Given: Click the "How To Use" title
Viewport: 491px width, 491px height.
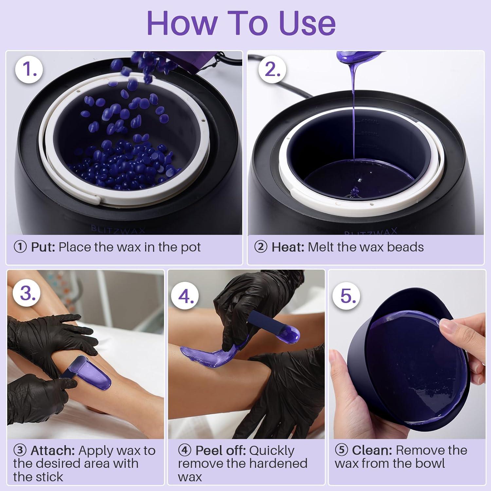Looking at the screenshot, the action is [x=241, y=23].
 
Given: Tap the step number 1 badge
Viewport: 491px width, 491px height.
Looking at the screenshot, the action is [x=29, y=70].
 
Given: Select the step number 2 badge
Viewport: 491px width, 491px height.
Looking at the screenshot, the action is [x=272, y=70].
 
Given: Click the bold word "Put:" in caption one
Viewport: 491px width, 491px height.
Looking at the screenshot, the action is [x=43, y=247].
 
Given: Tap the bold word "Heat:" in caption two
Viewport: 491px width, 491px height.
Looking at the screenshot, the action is [x=289, y=247].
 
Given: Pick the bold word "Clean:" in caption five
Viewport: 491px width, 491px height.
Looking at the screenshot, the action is [x=372, y=450].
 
